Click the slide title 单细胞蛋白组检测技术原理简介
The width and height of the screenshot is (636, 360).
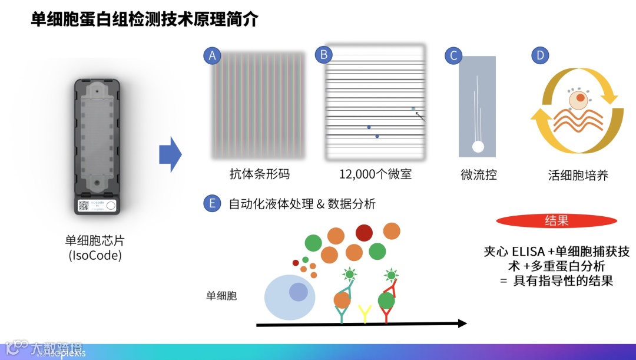(x=145, y=19)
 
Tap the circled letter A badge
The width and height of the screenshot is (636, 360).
(x=212, y=55)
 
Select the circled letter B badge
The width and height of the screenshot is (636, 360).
(x=323, y=55)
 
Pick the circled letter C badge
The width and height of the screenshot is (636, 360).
(x=453, y=56)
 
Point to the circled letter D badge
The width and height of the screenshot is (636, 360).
(x=540, y=55)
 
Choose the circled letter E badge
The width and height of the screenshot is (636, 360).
(x=212, y=204)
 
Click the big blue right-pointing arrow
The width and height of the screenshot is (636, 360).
(x=170, y=154)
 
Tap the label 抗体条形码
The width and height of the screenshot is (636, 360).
(x=259, y=174)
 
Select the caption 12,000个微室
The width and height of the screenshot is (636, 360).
(x=375, y=174)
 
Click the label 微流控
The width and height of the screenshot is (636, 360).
(x=478, y=175)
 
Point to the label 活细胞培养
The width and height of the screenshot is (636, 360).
(x=578, y=175)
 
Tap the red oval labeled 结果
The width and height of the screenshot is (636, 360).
(x=556, y=221)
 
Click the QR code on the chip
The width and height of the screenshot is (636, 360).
(x=83, y=206)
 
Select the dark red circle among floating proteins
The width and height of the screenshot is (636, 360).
(x=364, y=233)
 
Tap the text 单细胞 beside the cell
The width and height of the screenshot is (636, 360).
(x=221, y=296)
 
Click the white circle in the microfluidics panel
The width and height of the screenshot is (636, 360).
(x=477, y=146)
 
